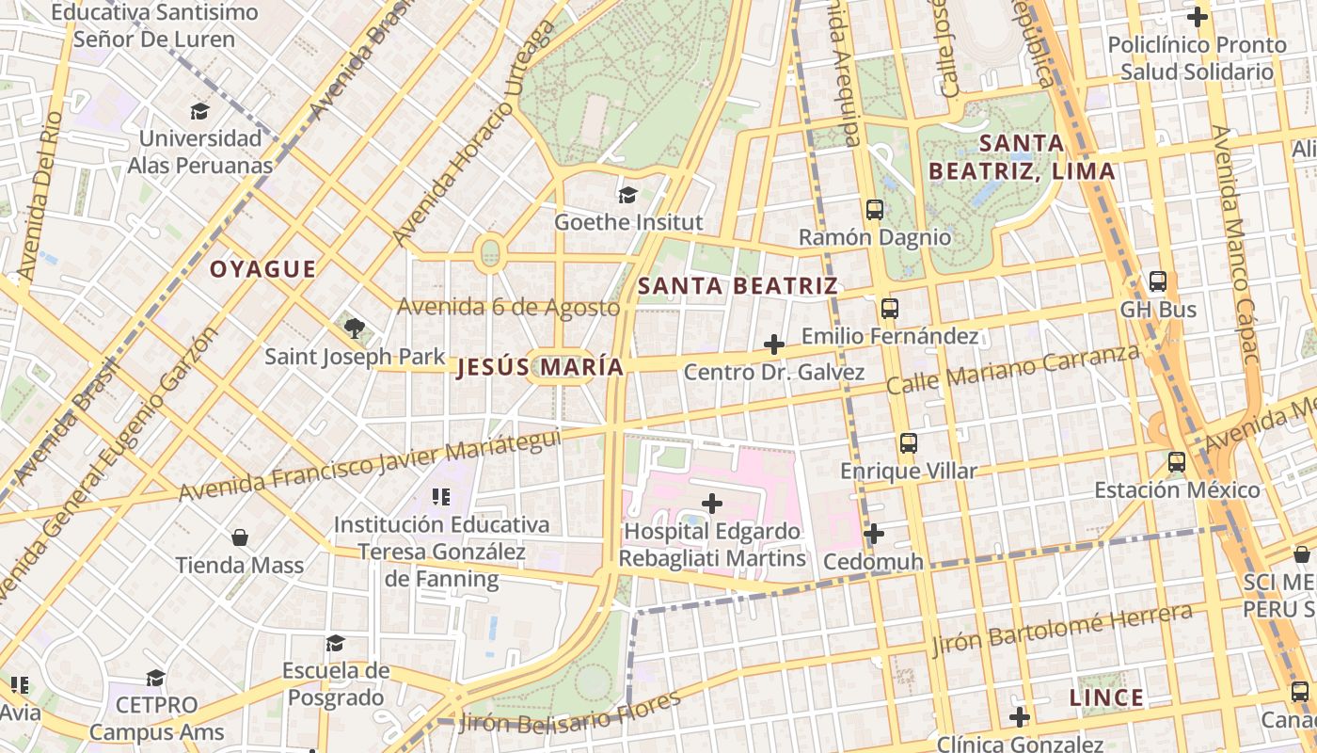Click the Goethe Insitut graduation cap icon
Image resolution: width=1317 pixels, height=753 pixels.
point(627,195)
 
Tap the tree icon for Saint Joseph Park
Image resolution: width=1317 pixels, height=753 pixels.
point(354,328)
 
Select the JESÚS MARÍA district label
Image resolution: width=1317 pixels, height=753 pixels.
point(540,368)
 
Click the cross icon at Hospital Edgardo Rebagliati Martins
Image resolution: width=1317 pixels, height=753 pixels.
point(712,504)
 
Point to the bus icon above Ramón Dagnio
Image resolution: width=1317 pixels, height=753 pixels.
point(874,210)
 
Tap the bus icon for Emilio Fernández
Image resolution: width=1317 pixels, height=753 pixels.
point(889,308)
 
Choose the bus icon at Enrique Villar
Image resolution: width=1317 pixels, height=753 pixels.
point(908,443)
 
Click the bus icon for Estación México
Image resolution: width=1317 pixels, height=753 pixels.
point(1177,462)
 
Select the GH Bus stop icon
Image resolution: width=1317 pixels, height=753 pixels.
point(1158,281)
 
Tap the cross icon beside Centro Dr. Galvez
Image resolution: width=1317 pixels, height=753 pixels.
point(774,344)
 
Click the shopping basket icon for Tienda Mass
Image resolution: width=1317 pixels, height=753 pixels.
point(240,537)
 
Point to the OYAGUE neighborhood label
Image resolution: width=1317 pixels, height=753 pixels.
point(262,270)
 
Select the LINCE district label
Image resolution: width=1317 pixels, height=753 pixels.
point(1106,698)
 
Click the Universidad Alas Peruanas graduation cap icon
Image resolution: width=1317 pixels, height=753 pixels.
point(199,111)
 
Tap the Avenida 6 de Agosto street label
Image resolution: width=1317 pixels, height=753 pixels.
point(508,307)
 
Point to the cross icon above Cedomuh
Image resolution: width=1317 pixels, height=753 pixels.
point(874,534)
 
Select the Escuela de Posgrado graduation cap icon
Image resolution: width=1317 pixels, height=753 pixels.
point(335,643)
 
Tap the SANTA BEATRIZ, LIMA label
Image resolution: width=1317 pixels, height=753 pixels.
point(1022,157)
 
